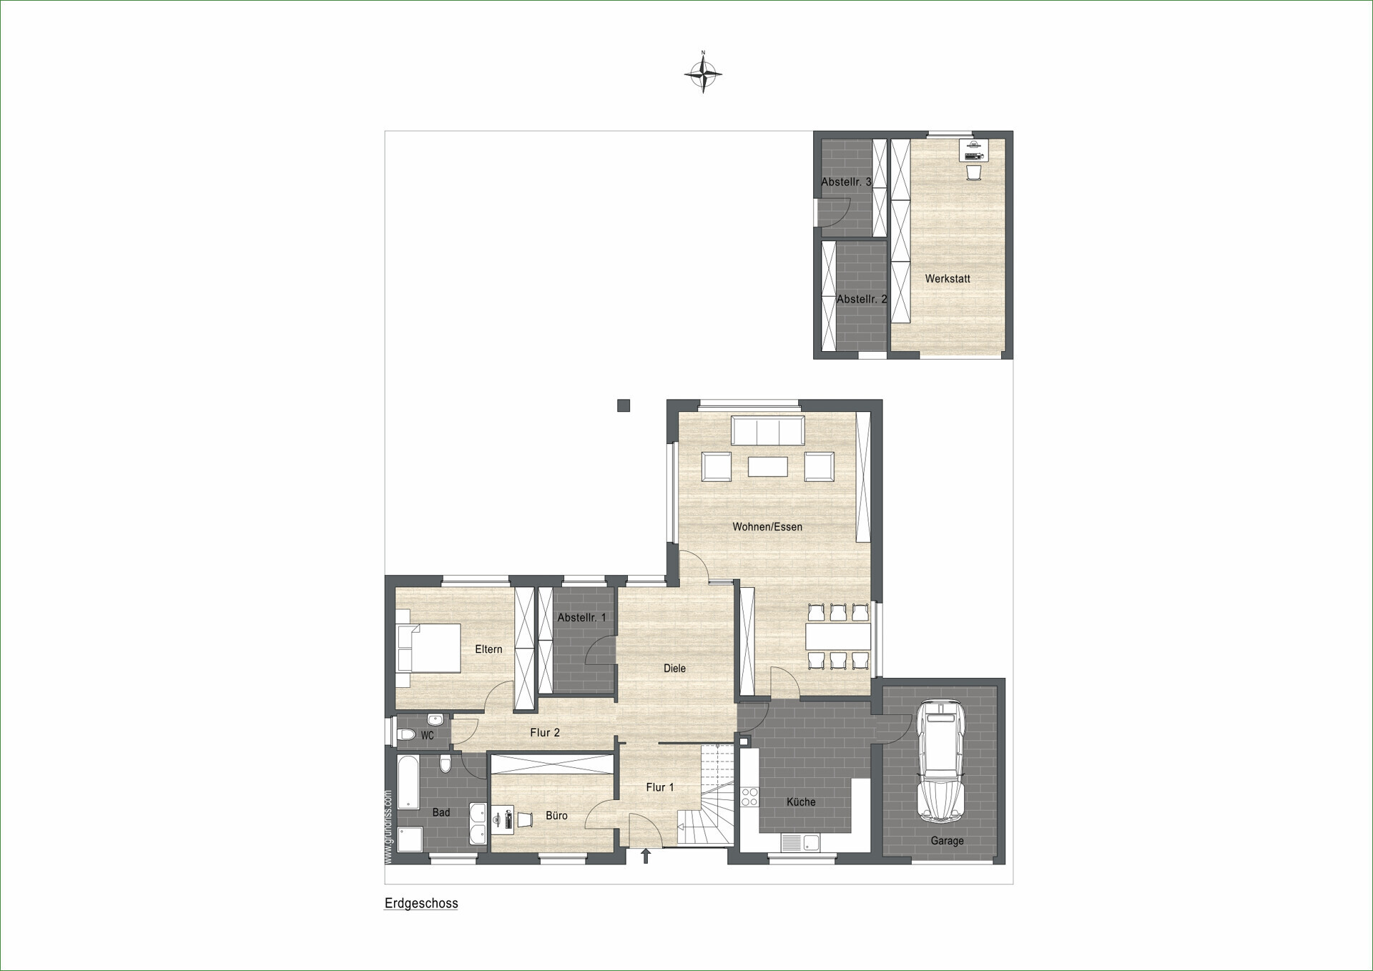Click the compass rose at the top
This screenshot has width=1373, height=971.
[x=703, y=72]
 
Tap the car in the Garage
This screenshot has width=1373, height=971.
[x=941, y=761]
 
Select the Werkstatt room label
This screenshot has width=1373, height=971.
[x=948, y=279]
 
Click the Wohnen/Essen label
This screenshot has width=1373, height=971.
[x=767, y=527]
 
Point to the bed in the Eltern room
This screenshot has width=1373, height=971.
[x=428, y=648]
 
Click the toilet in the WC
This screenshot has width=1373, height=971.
[x=406, y=734]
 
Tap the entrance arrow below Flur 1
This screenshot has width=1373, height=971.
[x=646, y=856]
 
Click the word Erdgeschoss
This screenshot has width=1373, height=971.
[x=421, y=903]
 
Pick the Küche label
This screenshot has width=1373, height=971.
[x=801, y=802]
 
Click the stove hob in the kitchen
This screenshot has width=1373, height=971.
[x=749, y=797]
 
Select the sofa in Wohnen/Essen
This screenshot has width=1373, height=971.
[x=767, y=431]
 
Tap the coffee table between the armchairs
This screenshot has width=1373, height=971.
[x=768, y=467]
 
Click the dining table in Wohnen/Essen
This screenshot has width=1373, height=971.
[x=838, y=636]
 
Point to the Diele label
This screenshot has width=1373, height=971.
[x=674, y=669]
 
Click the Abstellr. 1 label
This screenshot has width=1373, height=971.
[x=581, y=618]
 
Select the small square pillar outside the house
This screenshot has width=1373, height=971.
[x=624, y=405]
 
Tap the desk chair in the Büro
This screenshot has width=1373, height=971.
[x=526, y=820]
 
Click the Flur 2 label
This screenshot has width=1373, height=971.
[x=545, y=733]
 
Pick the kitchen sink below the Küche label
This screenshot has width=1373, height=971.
[x=800, y=843]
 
